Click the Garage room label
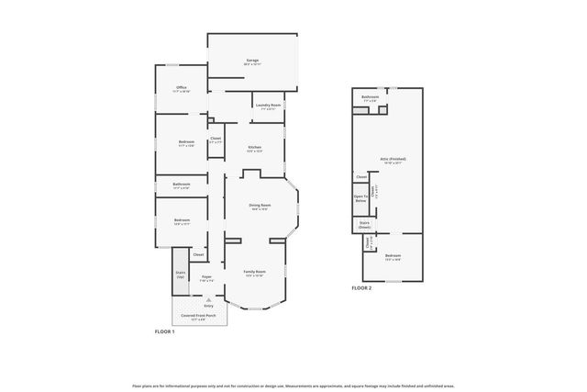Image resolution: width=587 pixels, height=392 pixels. point(252,62)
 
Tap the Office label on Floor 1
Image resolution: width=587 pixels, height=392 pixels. point(181,88)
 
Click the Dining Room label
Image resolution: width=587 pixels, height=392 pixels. point(260,206)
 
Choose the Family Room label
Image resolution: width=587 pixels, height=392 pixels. point(254,272)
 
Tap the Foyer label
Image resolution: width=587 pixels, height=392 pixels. point(207,276)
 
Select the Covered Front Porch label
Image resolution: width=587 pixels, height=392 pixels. point(198,315)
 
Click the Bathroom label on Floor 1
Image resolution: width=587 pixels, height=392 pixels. point(181,185)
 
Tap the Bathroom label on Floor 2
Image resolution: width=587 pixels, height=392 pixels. point(370,97)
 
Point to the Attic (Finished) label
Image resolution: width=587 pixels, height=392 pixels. point(393,159)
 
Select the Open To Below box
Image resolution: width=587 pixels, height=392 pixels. point(360,197)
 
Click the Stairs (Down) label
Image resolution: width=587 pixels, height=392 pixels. point(364,224)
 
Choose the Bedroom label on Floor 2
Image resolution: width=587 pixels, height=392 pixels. point(393,256)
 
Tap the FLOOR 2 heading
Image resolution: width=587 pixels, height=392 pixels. point(361,288)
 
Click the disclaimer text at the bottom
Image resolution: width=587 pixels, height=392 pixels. point(293,386)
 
